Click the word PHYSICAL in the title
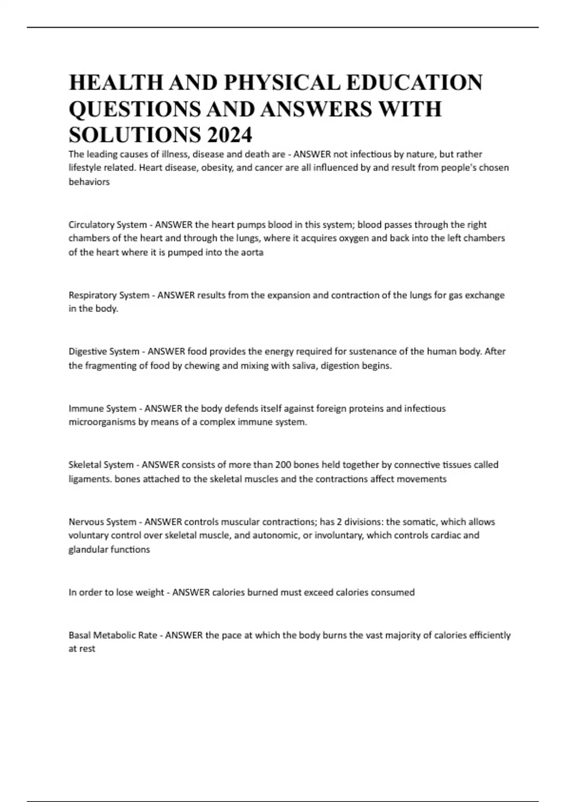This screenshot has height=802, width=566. pos(283,83)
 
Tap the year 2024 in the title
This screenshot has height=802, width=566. pos(228,135)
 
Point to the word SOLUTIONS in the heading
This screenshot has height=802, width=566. pos(133,135)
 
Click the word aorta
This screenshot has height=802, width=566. pos(252,252)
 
